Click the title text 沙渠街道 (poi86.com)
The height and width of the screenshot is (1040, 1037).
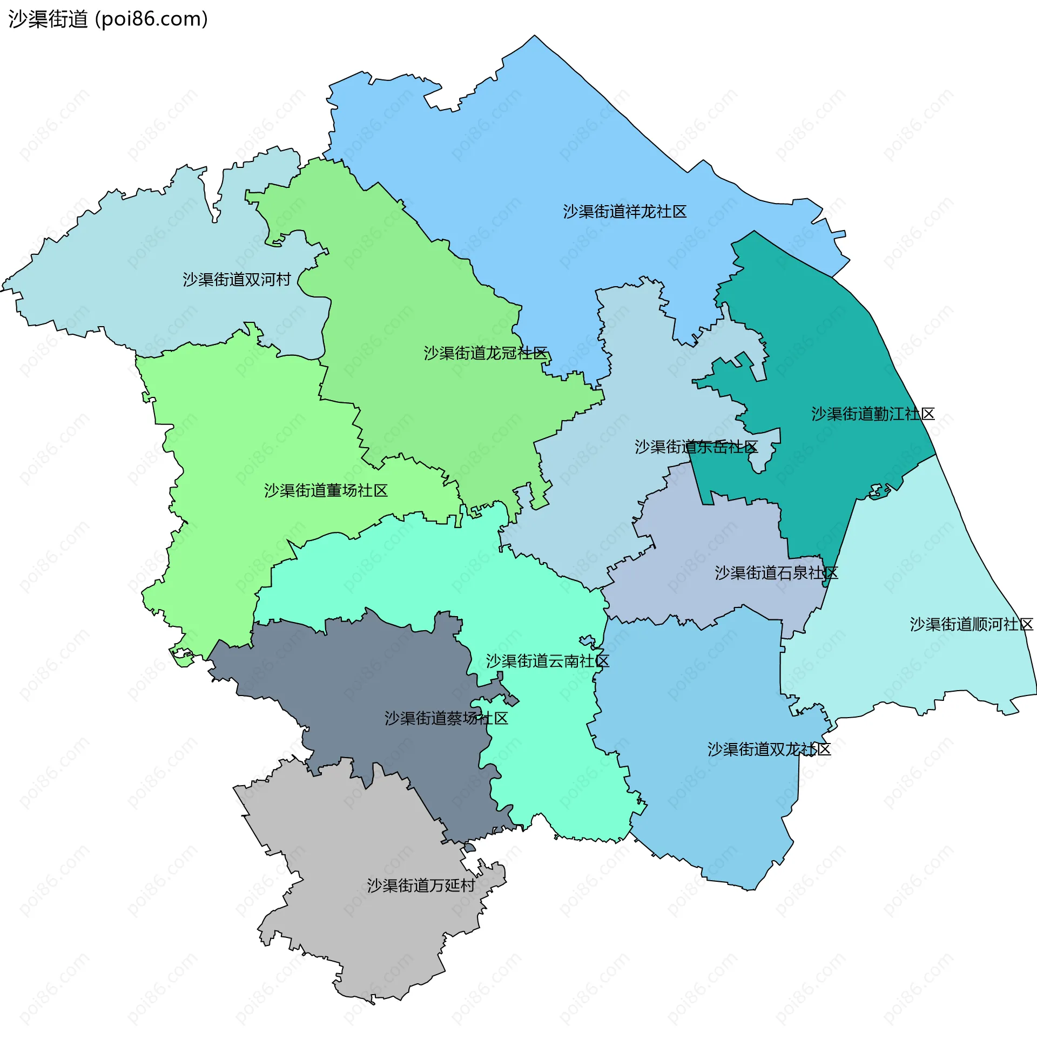coord(108,19)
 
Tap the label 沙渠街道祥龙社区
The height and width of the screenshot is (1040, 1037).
coord(624,212)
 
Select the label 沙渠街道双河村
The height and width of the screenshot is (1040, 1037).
coord(237,280)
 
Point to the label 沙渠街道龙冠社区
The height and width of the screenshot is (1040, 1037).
coord(486,353)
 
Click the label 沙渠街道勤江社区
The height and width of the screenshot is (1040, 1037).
coord(873,414)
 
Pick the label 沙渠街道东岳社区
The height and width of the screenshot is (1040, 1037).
coord(696,447)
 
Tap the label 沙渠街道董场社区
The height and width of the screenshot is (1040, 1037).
coord(326,491)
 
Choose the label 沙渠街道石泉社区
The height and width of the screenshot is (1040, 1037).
coord(776,573)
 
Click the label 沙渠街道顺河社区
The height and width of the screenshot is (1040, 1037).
coord(971,625)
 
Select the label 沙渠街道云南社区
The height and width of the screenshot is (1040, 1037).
coord(547,661)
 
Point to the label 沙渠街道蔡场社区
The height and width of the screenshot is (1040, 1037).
coord(446,719)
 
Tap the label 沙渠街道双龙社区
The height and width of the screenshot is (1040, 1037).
coord(769,749)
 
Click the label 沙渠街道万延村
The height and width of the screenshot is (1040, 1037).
coord(421,886)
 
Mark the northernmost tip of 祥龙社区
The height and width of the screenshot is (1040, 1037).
coord(535,36)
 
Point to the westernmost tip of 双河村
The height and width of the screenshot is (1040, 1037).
coord(2,289)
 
